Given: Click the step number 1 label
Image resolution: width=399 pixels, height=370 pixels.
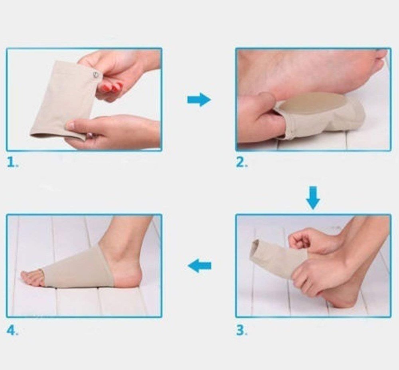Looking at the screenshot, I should coord(12,163).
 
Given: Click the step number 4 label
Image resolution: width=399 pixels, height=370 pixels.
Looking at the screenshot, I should coord(12,330).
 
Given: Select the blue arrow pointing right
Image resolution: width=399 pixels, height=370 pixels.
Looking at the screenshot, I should coord(199,99).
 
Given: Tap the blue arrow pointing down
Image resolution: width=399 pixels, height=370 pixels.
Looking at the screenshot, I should coord(313,198).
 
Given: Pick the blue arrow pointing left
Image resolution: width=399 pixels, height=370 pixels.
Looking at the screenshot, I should coord(199,265).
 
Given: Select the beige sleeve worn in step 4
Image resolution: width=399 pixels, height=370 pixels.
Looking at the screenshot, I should coord(80,267).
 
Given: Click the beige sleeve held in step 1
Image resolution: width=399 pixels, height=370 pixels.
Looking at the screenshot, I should coord(60,100).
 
